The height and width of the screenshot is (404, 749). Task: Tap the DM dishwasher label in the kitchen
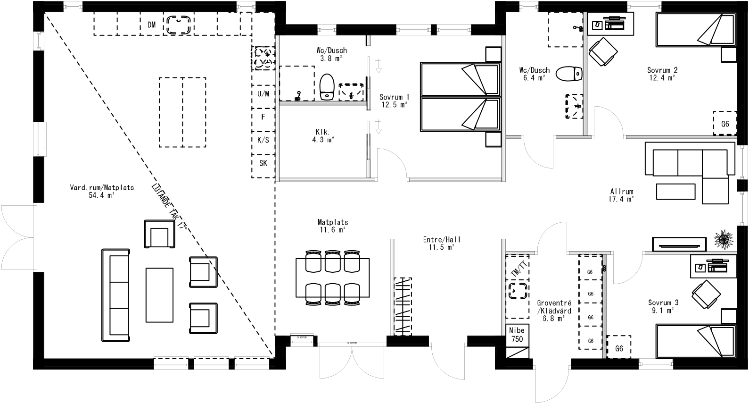(151, 25)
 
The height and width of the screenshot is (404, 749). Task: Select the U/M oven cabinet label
(263, 93)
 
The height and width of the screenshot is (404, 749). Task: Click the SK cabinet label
(263, 163)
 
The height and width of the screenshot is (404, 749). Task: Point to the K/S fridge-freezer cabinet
(263, 140)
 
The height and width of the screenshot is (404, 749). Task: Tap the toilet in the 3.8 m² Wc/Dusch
(327, 86)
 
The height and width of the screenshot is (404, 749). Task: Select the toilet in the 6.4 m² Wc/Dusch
(569, 74)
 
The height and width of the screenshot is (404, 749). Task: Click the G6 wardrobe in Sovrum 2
(725, 124)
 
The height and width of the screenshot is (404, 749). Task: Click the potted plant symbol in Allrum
(723, 238)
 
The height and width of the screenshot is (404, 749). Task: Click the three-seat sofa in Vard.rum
(115, 295)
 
